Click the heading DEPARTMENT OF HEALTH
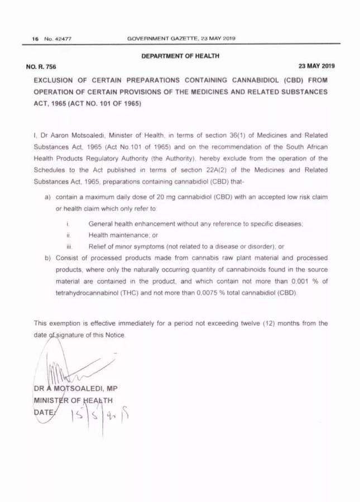tap(180, 55)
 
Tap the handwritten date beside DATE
tap(103, 413)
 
